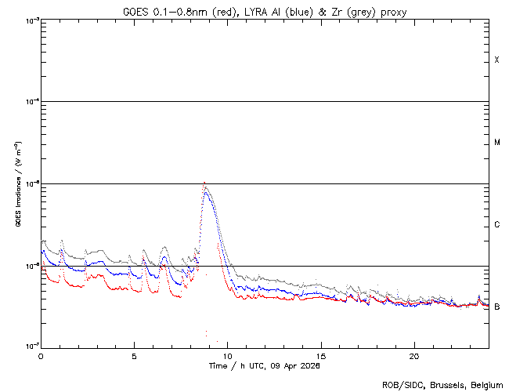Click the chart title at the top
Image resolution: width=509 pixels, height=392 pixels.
coord(264,11)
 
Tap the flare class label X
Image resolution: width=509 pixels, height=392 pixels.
coord(496,60)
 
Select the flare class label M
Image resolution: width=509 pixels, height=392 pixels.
coord(496,143)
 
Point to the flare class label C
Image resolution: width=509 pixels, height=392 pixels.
coord(496,225)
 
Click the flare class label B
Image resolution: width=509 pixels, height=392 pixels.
coord(496,307)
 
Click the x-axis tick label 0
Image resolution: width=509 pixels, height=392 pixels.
coord(41,355)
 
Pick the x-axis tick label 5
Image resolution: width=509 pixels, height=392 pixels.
coord(134,355)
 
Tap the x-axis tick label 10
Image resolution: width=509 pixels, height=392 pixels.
coord(227,355)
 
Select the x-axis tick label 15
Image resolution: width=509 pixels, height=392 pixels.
coord(320,355)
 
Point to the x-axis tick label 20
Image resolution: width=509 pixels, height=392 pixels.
coord(413,355)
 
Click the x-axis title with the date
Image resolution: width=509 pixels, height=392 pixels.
coord(264,366)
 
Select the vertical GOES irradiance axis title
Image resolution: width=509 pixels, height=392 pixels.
coord(17,183)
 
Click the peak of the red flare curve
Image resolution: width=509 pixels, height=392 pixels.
coord(204,183)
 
